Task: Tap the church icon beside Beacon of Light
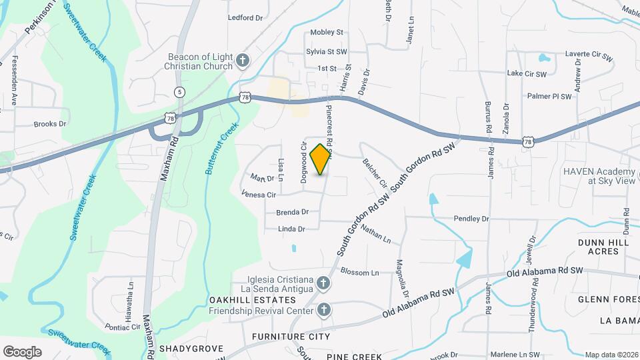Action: click(243, 61)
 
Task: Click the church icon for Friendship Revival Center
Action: click(323, 310)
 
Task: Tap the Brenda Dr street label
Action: click(292, 212)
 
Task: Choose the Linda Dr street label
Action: click(292, 229)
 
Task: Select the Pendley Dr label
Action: click(471, 219)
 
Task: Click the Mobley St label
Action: click(327, 32)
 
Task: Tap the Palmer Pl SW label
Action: click(549, 96)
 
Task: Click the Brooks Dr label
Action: click(50, 124)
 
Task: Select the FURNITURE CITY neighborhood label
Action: click(291, 337)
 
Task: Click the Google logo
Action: click(22, 351)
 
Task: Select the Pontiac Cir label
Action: click(123, 327)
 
